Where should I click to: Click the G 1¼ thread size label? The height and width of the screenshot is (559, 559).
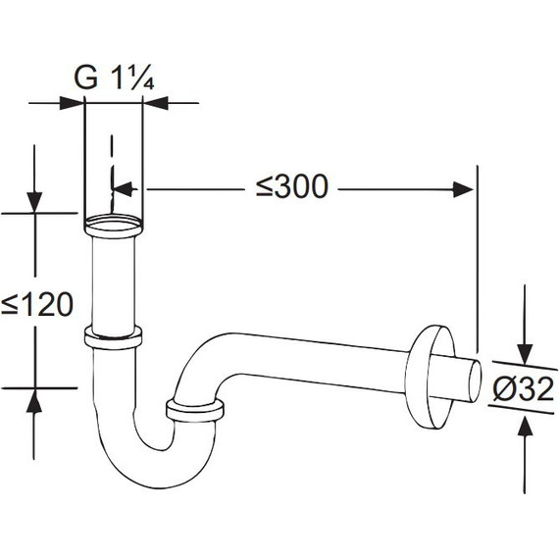click(114, 77)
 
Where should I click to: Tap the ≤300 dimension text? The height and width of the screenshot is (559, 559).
click(292, 186)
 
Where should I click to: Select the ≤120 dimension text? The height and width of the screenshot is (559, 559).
click(37, 304)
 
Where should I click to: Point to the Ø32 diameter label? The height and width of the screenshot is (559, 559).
click(524, 389)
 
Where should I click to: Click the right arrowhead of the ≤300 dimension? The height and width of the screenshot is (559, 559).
click(463, 189)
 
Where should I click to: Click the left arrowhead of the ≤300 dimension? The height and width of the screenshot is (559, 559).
click(123, 189)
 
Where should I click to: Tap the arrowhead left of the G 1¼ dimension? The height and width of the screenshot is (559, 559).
click(72, 103)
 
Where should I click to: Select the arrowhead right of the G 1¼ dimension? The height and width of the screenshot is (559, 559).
click(155, 103)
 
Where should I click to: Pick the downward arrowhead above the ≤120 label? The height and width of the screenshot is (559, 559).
click(34, 202)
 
